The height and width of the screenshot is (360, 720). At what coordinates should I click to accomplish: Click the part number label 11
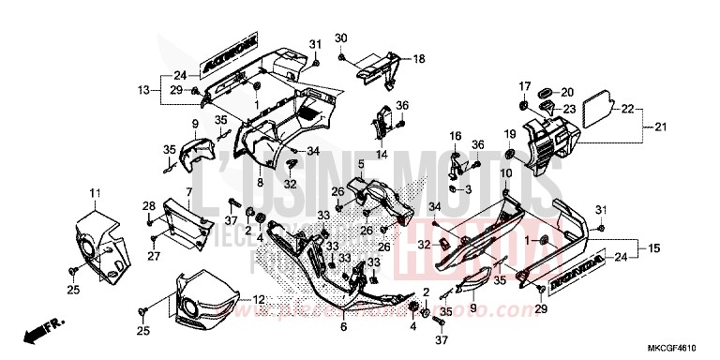point(94,193)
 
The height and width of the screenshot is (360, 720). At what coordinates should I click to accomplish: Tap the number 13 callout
point(143,89)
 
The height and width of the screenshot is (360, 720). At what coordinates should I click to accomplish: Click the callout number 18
point(419,59)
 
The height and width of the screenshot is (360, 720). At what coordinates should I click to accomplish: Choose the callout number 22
point(626,109)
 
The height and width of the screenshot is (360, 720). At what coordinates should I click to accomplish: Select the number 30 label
point(341,37)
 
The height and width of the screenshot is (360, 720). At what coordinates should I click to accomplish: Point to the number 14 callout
point(382,154)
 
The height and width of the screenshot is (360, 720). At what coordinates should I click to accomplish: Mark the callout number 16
point(456,137)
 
